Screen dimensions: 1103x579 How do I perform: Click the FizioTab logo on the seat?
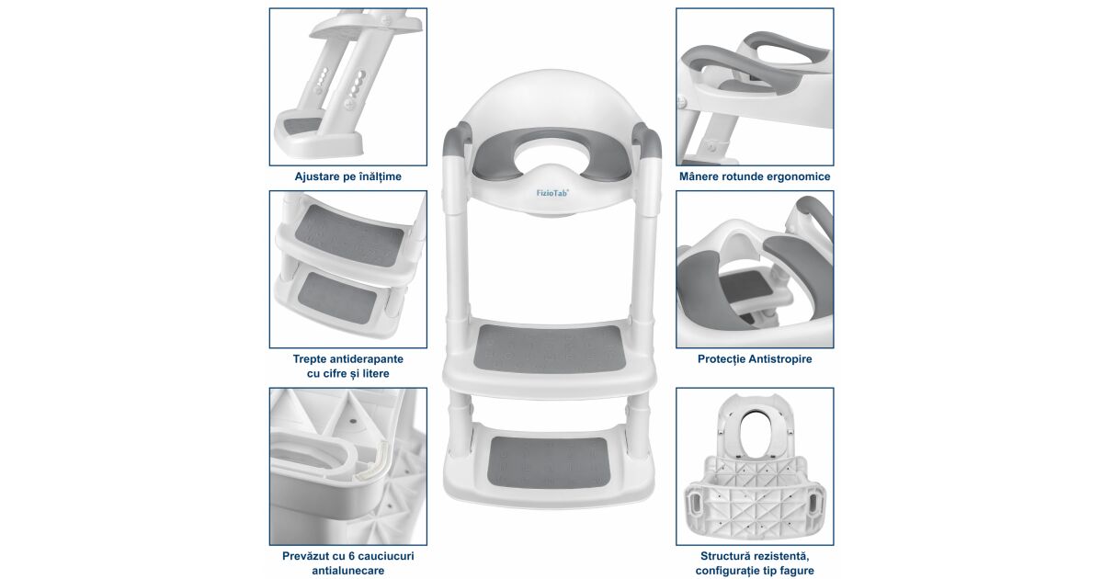click(552, 193)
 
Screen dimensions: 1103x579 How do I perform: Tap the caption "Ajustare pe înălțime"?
click(347, 176)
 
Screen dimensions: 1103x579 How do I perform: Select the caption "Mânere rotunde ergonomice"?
click(755, 176)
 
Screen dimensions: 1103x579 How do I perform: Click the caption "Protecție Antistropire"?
click(755, 359)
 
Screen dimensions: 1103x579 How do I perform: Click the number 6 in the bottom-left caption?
click(351, 556)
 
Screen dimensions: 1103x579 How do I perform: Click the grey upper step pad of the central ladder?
click(549, 348)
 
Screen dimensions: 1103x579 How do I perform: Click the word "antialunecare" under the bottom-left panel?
click(347, 571)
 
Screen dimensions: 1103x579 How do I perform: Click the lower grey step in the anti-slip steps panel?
click(336, 298)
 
